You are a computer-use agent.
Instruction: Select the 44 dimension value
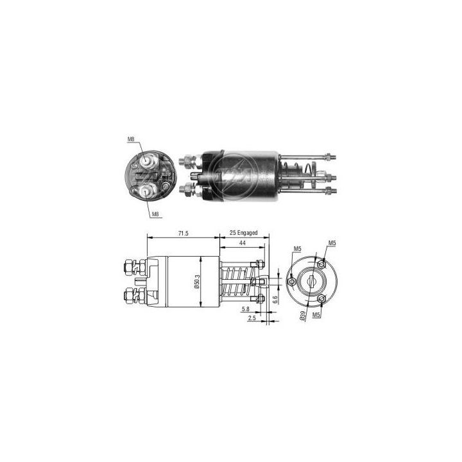(243, 244)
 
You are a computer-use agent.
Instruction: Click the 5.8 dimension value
(245, 309)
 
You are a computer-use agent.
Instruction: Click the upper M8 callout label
(130, 139)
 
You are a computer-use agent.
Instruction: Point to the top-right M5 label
(332, 243)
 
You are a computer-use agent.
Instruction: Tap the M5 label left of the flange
(297, 248)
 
